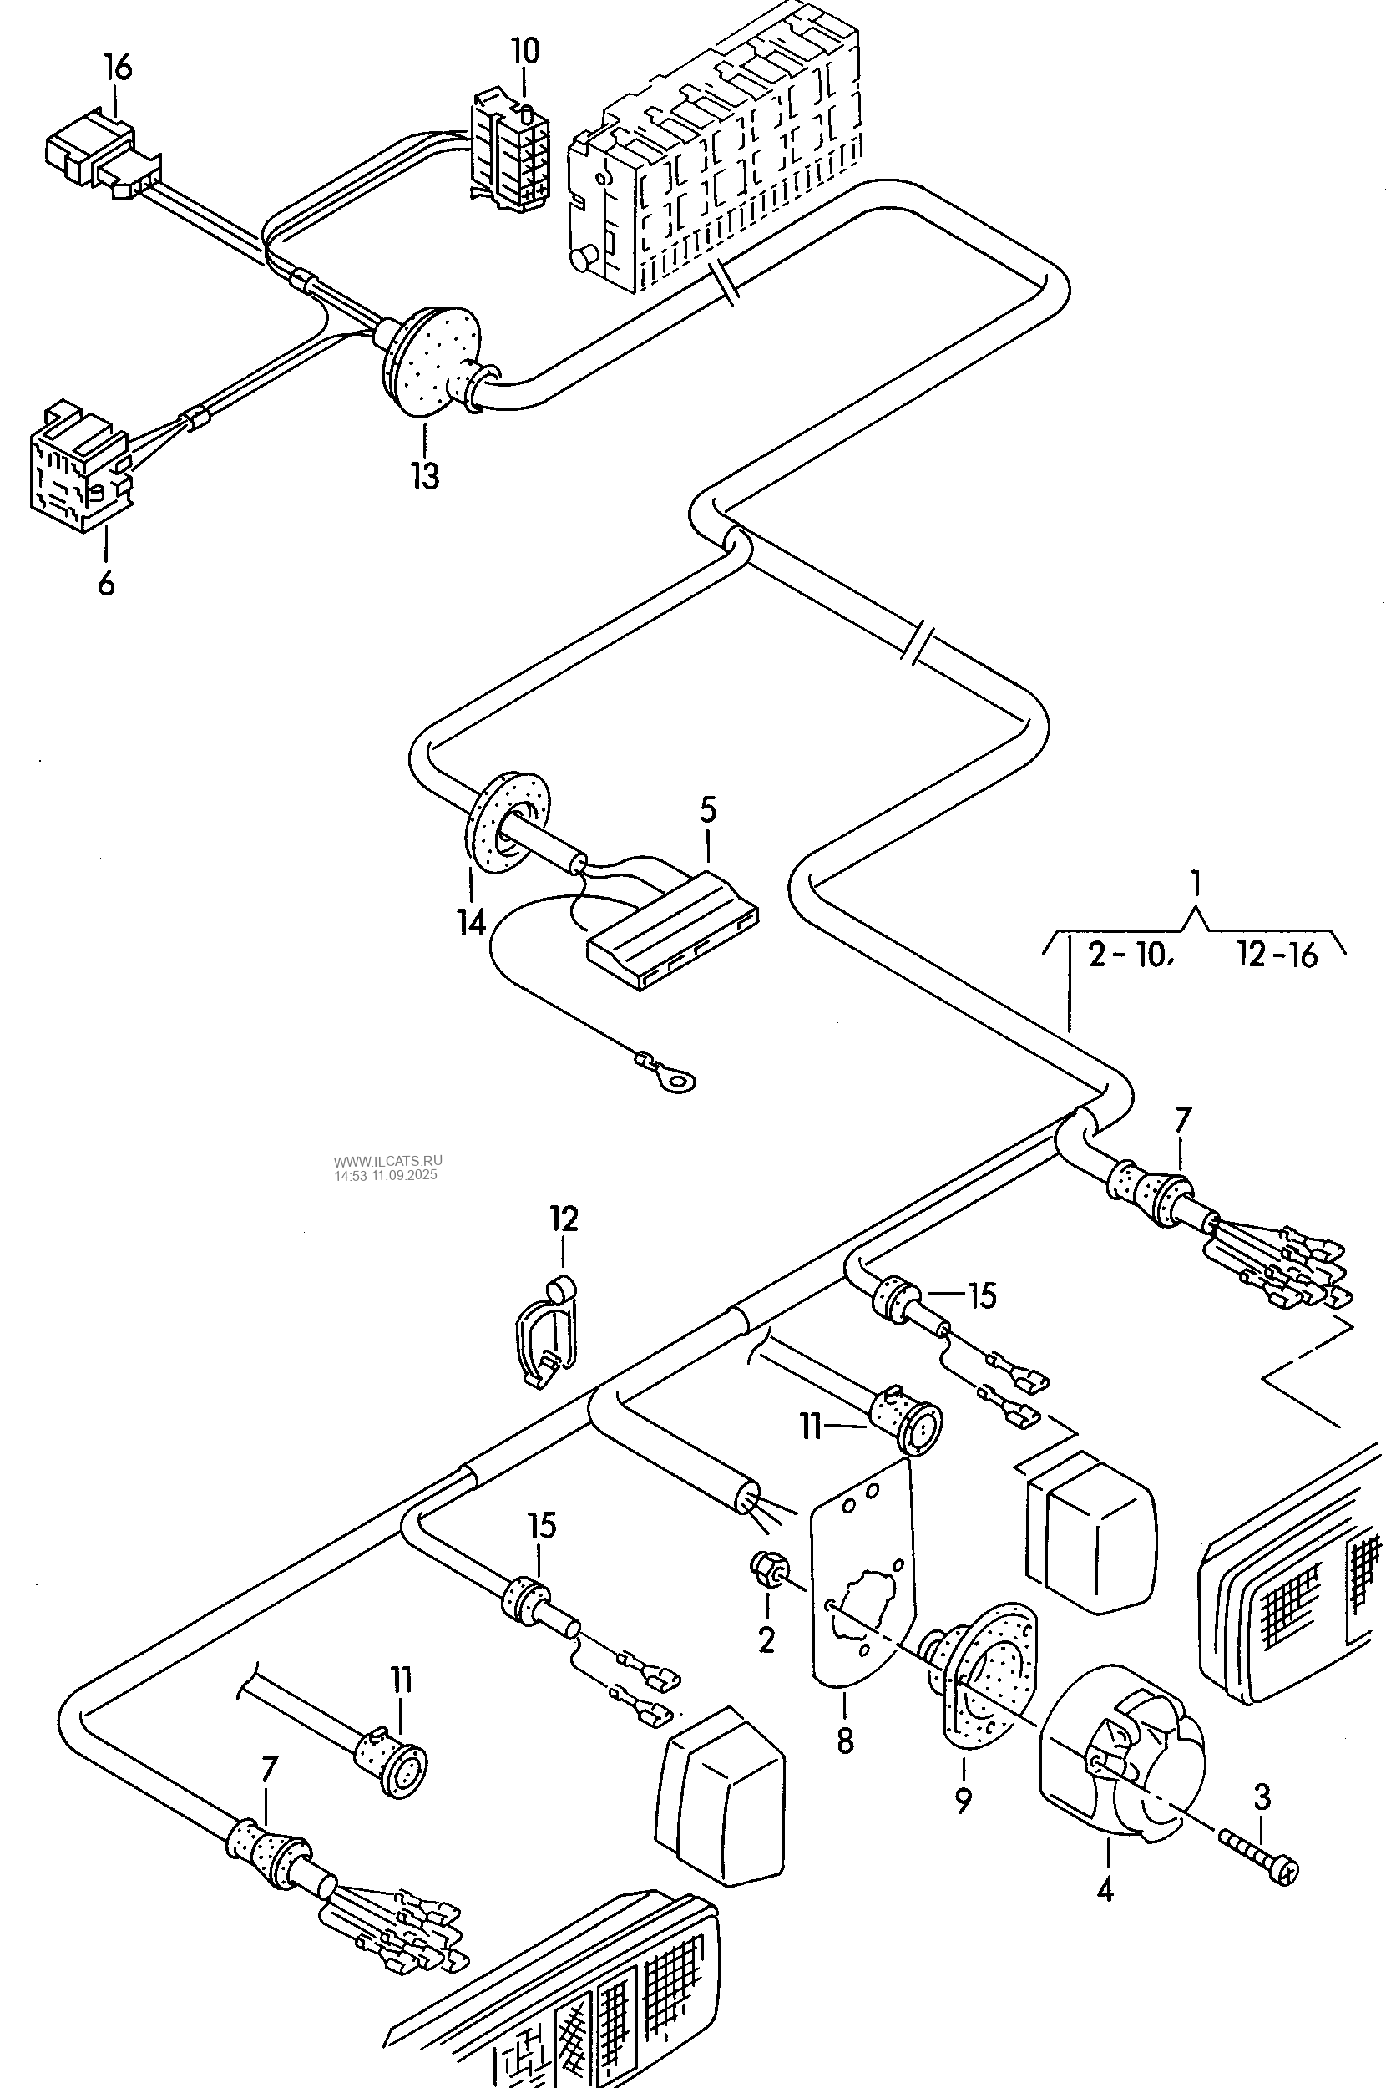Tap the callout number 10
[525, 50]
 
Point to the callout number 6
[106, 584]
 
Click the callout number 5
[708, 810]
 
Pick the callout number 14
[471, 923]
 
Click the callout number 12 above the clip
[564, 1219]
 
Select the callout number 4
[1105, 1890]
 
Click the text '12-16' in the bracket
[1277, 955]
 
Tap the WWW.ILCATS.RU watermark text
[388, 1161]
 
